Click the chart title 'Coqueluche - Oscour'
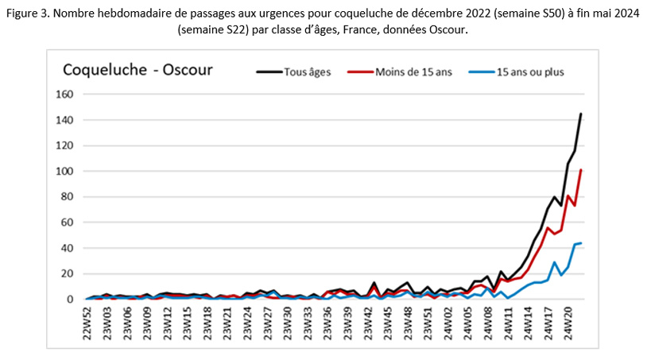pyautogui.click(x=138, y=69)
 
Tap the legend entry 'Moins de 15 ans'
pyautogui.click(x=413, y=71)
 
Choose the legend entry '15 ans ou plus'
pyautogui.click(x=525, y=71)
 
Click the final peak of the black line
pyautogui.click(x=581, y=114)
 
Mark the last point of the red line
pyautogui.click(x=581, y=170)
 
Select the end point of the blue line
pyautogui.click(x=581, y=243)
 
